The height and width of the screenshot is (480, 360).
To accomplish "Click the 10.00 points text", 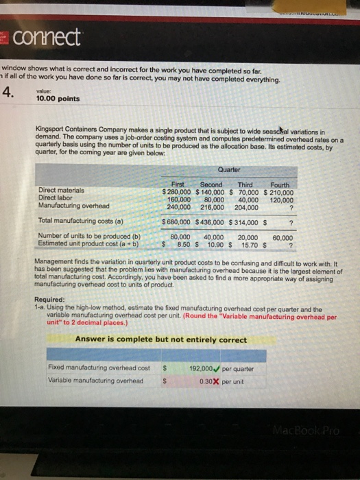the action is point(60,99).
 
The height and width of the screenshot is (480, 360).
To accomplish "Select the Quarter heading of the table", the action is point(229,169).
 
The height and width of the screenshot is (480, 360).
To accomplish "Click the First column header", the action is point(178,184).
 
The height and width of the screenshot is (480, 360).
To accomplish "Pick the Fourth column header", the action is point(280,184).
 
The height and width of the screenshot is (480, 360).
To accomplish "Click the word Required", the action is point(53,300).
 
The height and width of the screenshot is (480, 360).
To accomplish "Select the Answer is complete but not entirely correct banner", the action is point(161,339).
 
